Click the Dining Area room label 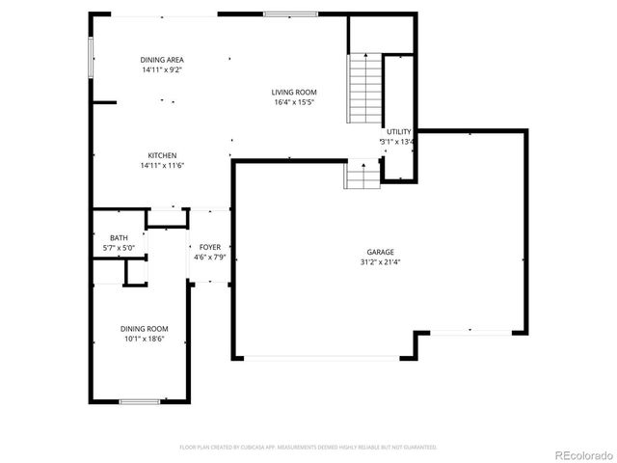162,60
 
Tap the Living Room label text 294,93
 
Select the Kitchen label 162,155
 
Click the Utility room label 398,131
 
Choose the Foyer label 209,248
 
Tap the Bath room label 119,238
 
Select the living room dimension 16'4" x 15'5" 294,102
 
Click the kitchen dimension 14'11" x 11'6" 162,165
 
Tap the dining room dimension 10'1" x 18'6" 145,339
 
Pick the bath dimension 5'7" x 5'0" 119,248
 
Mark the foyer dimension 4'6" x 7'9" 209,258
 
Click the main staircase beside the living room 364,88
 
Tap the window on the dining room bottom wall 139,400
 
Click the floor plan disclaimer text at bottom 308,448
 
